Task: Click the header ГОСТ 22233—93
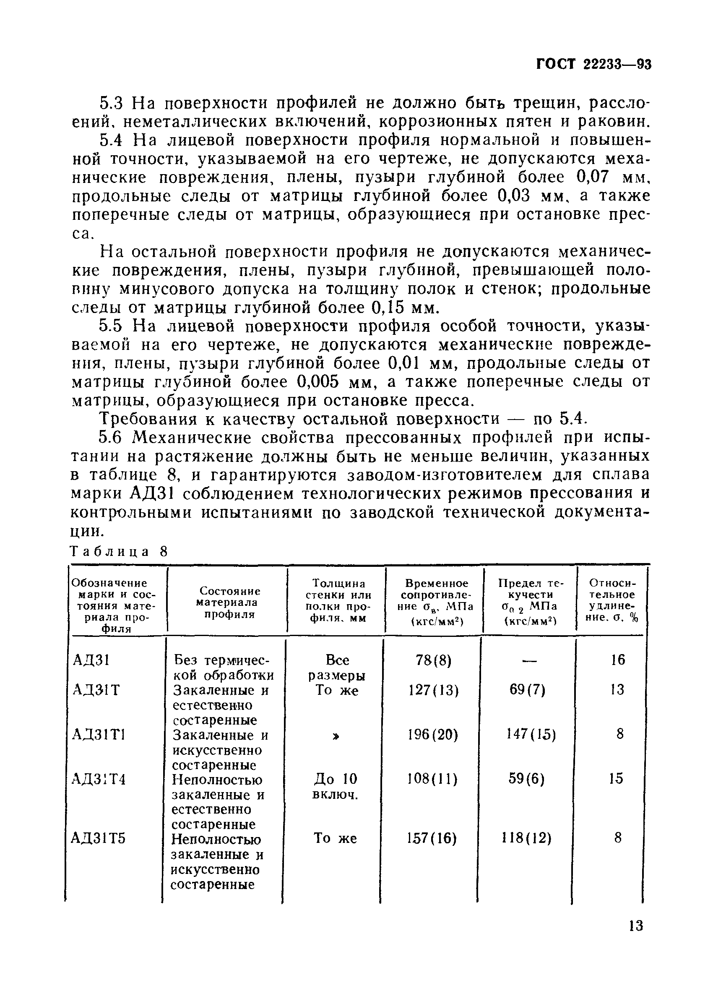pos(594,64)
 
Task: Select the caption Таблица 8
pos(119,551)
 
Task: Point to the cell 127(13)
pos(433,690)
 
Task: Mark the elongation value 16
pos(618,660)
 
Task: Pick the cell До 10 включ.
pos(336,787)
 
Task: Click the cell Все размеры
pos(337,667)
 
